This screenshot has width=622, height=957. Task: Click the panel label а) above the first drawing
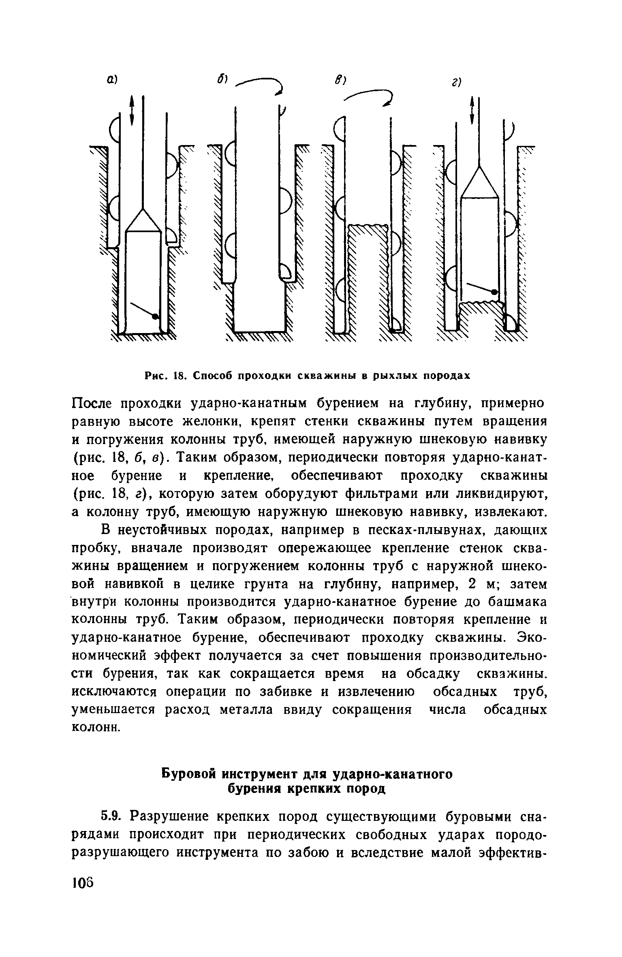112,81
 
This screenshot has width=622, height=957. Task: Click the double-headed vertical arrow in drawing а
132,110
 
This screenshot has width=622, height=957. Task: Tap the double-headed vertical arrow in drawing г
471,110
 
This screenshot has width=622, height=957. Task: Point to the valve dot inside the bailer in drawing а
155,316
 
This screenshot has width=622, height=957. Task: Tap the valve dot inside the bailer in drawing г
494,291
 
